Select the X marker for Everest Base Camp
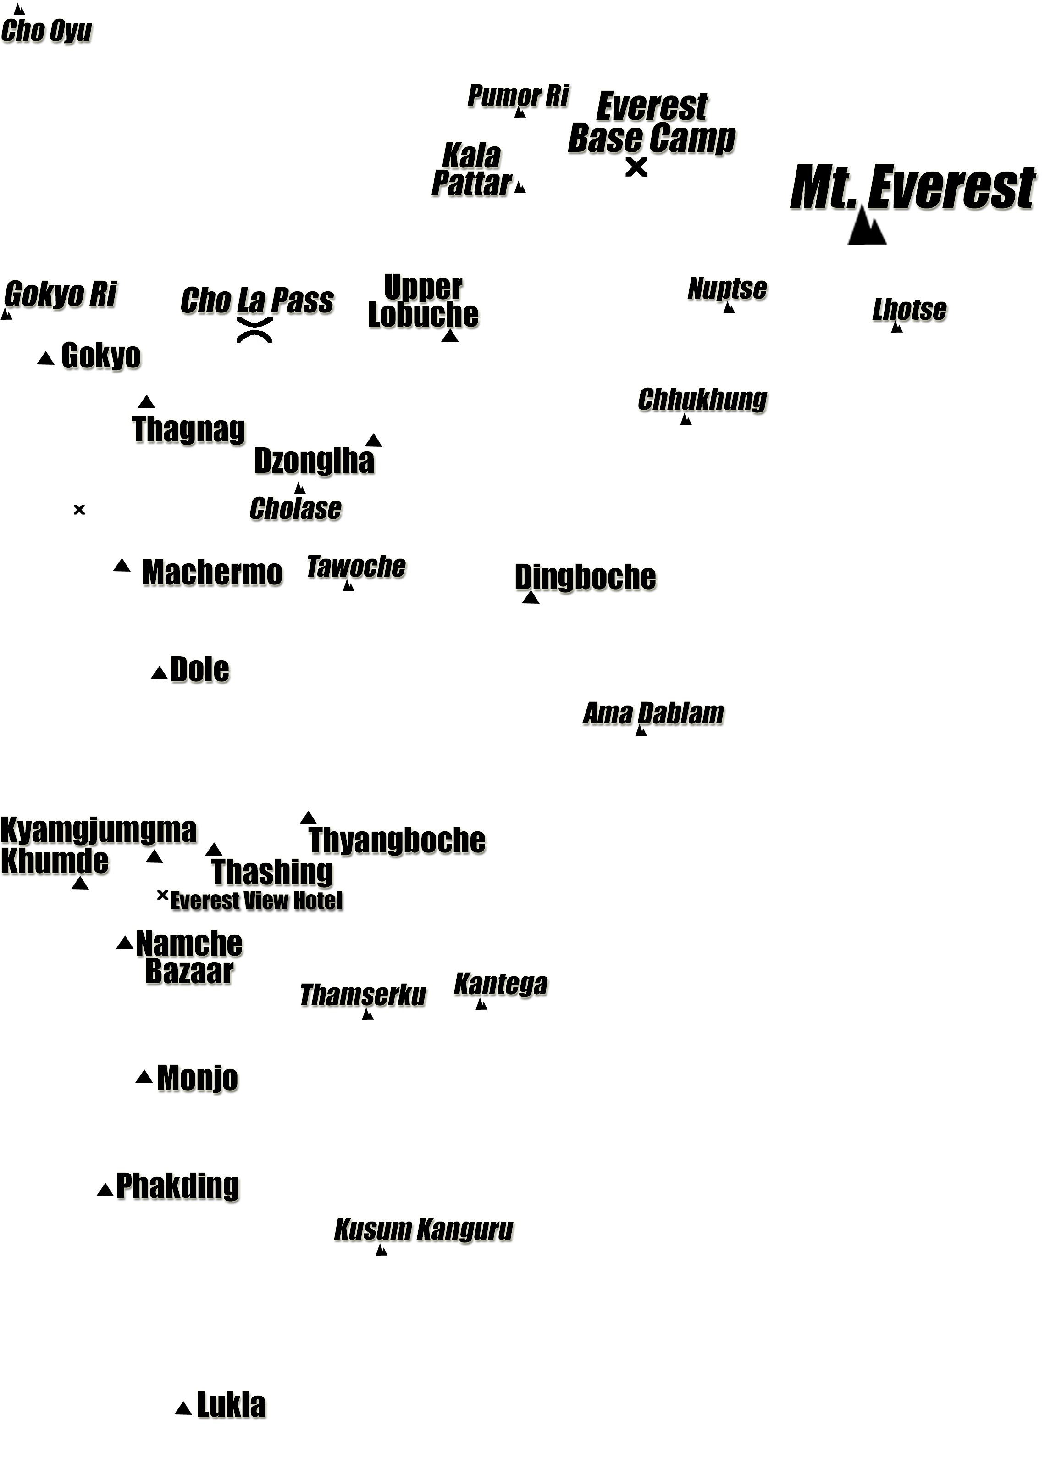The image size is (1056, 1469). [636, 167]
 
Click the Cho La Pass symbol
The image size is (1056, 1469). [254, 330]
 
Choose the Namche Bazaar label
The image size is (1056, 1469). [189, 957]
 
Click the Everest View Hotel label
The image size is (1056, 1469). [256, 900]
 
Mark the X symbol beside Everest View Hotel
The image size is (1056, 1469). [162, 895]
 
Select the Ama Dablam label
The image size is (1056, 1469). [653, 713]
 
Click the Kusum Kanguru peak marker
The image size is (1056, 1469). [381, 1249]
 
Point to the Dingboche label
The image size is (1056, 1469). [585, 577]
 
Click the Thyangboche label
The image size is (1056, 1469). [397, 840]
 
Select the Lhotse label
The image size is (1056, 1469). [910, 310]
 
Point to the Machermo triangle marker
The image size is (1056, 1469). [122, 565]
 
